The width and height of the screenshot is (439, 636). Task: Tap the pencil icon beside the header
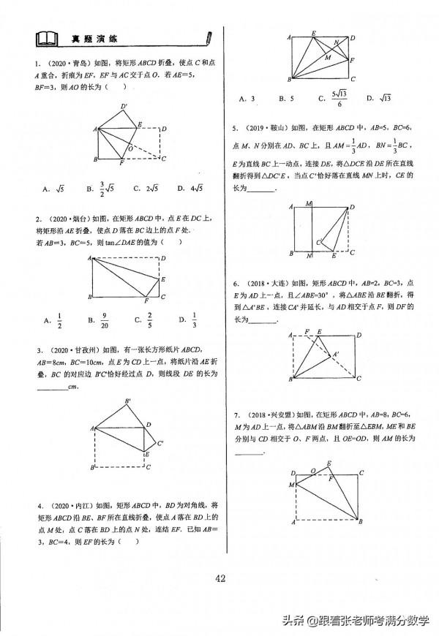click(x=210, y=37)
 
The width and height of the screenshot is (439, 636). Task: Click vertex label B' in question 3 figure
click(x=128, y=401)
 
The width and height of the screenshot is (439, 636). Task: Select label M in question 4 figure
click(x=328, y=56)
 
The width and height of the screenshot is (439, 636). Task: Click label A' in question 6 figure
click(x=336, y=355)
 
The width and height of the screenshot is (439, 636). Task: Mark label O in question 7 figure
click(x=313, y=472)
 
